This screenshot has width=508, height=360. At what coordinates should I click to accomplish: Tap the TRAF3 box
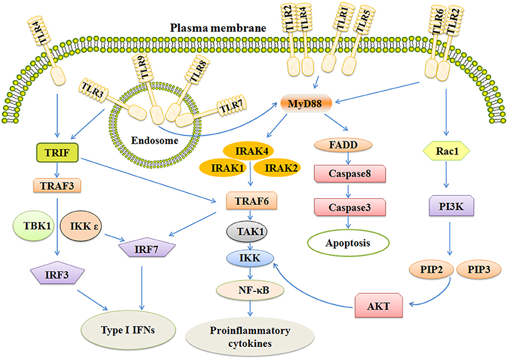click(x=61, y=186)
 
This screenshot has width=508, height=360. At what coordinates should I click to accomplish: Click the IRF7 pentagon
click(x=142, y=247)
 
